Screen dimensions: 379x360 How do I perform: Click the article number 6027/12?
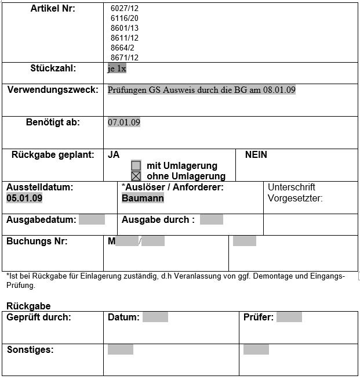pos(124,9)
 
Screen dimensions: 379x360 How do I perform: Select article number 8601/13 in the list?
pos(124,28)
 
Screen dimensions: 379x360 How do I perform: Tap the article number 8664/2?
pos(122,48)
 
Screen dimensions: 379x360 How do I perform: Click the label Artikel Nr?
pos(53,9)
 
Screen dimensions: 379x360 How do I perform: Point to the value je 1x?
pos(117,68)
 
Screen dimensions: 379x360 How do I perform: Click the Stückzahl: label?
pos(53,68)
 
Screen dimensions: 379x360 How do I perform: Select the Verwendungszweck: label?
pos(53,90)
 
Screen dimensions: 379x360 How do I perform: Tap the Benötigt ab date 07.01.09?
pos(124,122)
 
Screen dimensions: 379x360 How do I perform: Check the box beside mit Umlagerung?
pos(136,165)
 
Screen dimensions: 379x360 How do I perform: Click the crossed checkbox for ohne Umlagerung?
pos(136,176)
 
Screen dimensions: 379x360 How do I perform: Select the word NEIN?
pos(256,155)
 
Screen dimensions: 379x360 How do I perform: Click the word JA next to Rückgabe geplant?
pos(114,155)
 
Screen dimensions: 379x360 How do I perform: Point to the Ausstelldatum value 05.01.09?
pos(24,198)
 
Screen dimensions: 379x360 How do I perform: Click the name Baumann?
pos(143,198)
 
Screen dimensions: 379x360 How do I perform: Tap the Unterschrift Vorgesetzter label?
pos(295,193)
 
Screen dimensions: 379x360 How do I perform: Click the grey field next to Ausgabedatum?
pos(92,219)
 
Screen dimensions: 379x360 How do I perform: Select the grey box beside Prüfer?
pos(289,317)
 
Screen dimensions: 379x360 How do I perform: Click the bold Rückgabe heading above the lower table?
pos(28,306)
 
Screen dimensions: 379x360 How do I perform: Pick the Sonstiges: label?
pos(30,349)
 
